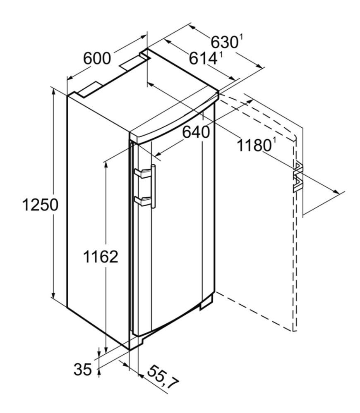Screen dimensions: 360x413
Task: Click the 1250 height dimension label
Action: point(40,205)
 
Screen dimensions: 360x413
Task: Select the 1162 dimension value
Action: point(101,256)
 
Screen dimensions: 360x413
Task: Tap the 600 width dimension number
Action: point(97,58)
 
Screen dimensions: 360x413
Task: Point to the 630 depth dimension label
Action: point(224,42)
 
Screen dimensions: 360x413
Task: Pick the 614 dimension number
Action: point(203,58)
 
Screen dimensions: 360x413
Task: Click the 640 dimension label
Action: point(196,132)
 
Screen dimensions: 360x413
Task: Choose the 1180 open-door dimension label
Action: point(254,146)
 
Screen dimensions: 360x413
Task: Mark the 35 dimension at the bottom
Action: point(83,369)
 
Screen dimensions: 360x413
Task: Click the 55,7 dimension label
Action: point(163,378)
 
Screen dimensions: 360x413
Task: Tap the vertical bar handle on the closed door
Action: point(153,186)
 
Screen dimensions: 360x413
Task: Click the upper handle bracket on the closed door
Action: point(143,173)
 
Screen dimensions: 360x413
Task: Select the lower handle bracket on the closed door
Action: point(143,201)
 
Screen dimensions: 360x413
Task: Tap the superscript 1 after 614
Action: point(220,55)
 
